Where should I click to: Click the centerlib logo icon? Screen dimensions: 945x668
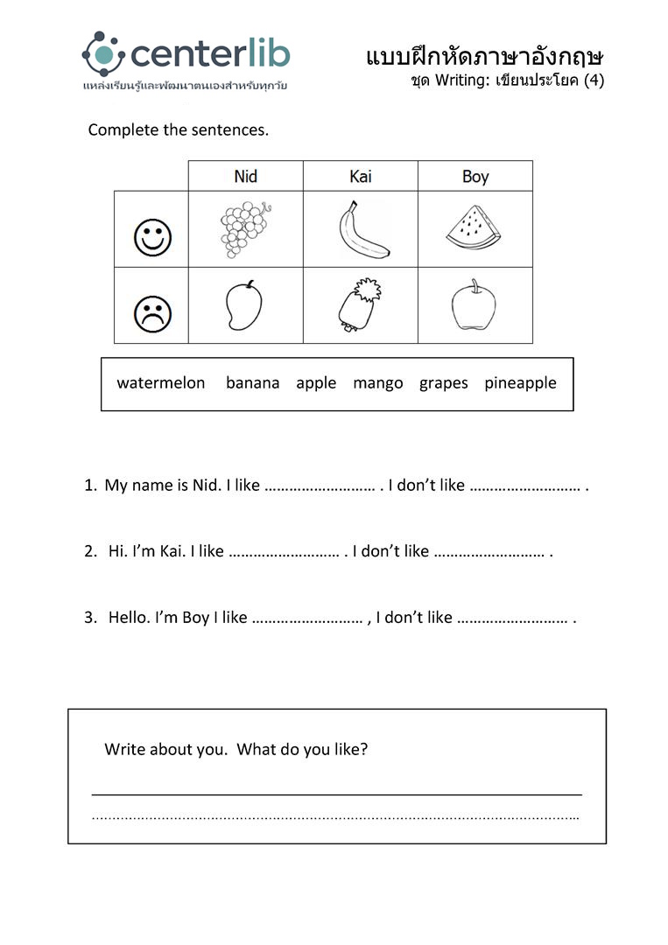coord(104,54)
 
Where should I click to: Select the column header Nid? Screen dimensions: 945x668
coord(246,177)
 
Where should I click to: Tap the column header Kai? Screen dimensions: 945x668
coord(360,177)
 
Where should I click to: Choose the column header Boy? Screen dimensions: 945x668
coord(475,177)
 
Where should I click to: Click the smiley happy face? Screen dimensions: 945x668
coord(152,237)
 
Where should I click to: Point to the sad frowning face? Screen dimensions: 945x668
coord(152,314)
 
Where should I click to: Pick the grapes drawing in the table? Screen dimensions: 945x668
coord(243,229)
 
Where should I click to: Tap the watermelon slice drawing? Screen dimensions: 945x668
coord(474,228)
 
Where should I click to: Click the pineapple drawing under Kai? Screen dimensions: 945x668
coord(359,305)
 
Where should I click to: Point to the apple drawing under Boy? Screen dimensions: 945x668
coord(474,305)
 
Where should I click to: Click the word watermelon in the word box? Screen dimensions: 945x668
coord(161,383)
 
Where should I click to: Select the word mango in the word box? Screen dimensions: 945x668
coord(378,383)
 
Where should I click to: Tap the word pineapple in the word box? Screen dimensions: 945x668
coord(520,383)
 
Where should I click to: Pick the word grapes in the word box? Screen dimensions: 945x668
coord(443,383)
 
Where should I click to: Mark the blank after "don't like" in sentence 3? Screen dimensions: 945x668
coord(512,619)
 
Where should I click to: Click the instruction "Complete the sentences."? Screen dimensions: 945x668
coord(179,130)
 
